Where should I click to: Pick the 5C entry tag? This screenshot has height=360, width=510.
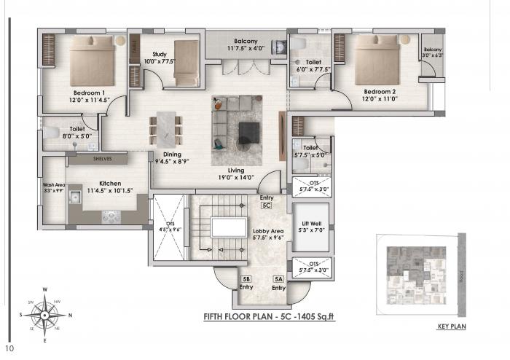click(x=266, y=206)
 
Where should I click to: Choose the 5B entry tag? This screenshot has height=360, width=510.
click(x=246, y=279)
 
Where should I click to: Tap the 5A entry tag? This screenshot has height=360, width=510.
click(x=278, y=279)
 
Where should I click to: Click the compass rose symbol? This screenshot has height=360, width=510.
click(x=44, y=315)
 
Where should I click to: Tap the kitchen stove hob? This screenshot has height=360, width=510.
click(x=111, y=216)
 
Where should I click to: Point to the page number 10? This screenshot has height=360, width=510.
click(x=8, y=348)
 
